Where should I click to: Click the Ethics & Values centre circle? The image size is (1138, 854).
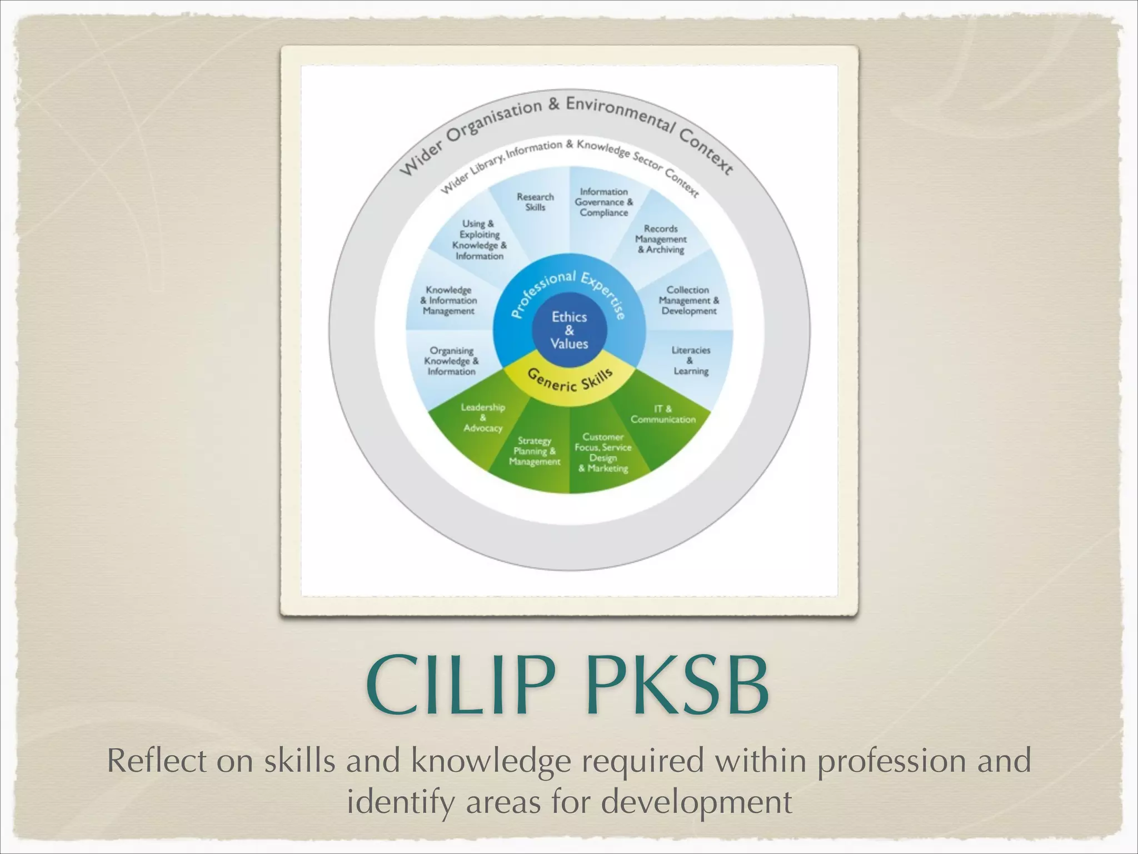point(569,330)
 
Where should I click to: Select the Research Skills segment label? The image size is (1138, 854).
point(535,202)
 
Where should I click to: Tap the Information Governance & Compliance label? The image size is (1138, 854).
point(603,202)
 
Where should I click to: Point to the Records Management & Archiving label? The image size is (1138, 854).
point(661,239)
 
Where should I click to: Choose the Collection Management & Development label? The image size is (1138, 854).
point(688,300)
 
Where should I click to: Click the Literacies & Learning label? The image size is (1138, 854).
point(691,360)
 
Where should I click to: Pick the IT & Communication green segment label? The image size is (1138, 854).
point(663,414)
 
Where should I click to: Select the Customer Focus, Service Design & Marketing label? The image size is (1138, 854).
point(603,453)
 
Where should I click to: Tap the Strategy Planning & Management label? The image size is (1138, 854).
point(535,451)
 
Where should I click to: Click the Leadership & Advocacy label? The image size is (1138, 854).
point(483,418)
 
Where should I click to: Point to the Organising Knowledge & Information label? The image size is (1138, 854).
point(451,361)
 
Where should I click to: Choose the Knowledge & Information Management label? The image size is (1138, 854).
point(448,300)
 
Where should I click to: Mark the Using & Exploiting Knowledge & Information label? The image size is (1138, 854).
point(479,240)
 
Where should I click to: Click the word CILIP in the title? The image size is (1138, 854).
point(461,684)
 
